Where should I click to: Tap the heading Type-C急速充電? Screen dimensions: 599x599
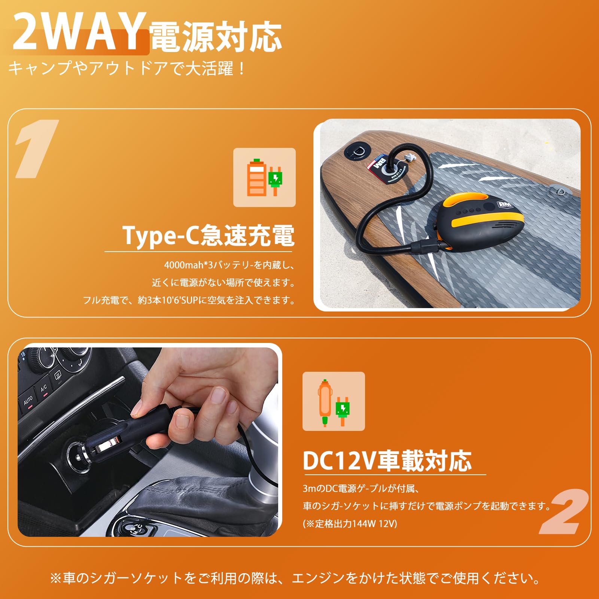[209, 236]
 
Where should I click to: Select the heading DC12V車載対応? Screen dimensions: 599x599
[387, 461]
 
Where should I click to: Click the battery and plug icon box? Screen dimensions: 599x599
[264, 177]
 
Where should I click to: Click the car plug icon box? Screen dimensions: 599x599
[334, 401]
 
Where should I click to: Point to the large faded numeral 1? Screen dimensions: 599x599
[36, 149]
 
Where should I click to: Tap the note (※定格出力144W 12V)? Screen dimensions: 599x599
[350, 523]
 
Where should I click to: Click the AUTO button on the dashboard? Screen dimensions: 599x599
[28, 401]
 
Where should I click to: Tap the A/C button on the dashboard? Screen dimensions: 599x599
[44, 388]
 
